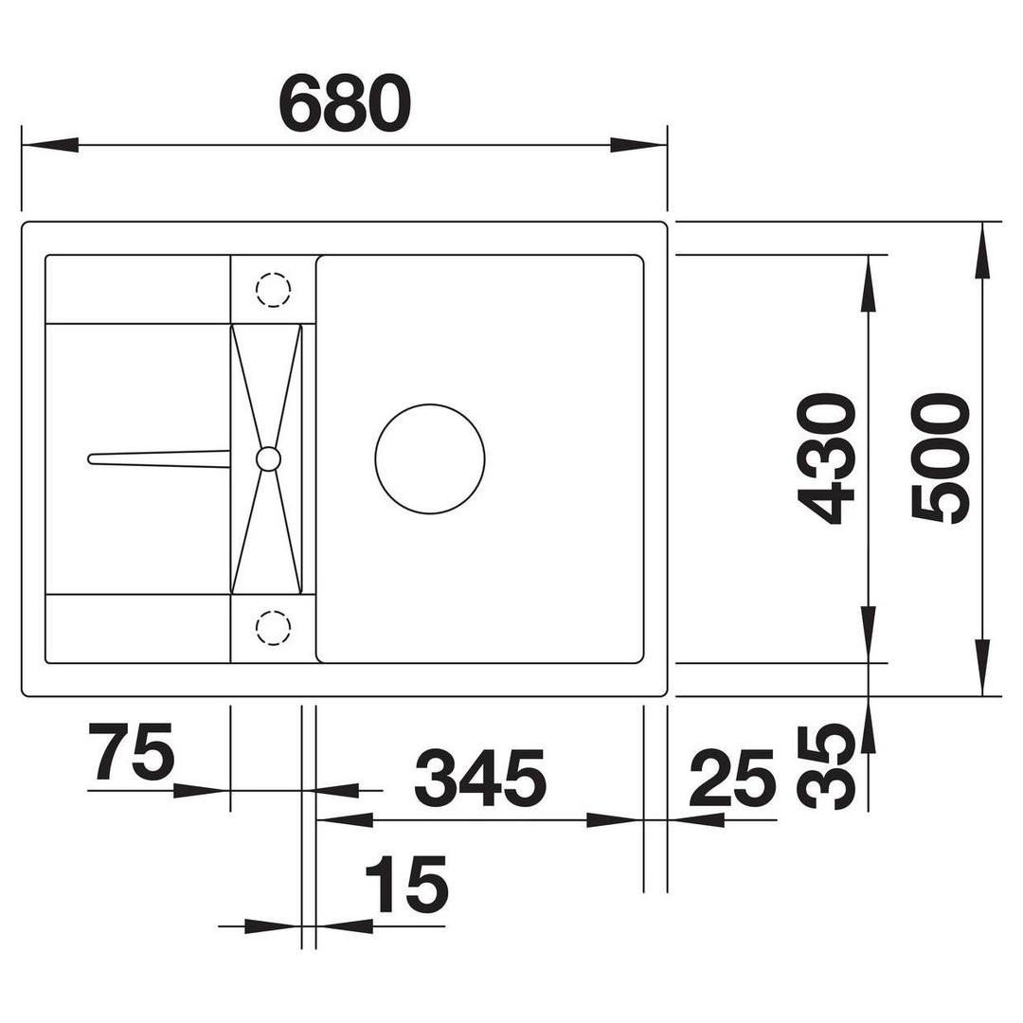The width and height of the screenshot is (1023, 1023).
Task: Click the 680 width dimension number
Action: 345,103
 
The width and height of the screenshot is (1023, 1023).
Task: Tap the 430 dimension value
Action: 827,458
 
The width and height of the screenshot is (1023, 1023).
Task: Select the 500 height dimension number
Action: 941,458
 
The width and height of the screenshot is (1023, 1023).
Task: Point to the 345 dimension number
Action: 480,777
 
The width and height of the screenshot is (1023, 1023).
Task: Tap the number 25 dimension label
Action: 732,777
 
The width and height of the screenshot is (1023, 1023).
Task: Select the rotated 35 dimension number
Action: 827,767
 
